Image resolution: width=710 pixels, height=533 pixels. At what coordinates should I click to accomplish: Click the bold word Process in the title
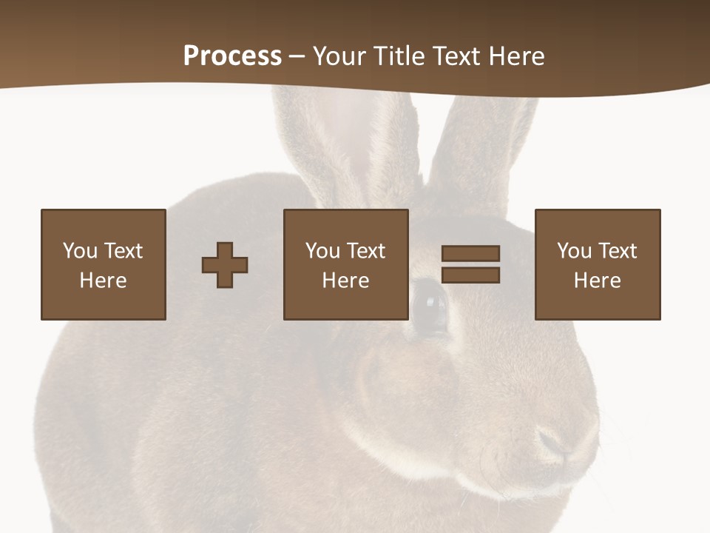point(232,56)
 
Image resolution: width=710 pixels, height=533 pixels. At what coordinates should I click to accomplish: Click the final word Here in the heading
point(515,56)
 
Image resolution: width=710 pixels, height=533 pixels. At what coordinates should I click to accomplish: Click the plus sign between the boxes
point(225,265)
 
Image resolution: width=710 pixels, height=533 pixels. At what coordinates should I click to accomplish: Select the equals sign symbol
point(470,264)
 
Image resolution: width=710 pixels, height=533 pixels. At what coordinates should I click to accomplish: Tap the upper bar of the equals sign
point(470,254)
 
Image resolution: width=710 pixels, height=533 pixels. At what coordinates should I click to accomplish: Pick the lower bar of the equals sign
point(470,275)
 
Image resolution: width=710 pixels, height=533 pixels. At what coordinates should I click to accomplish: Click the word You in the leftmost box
point(80,251)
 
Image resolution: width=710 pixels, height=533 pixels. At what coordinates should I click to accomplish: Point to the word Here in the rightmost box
point(597,281)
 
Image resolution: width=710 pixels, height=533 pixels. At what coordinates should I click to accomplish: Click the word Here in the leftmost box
point(103,281)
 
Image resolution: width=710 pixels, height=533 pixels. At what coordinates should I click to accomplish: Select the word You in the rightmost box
point(574,251)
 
